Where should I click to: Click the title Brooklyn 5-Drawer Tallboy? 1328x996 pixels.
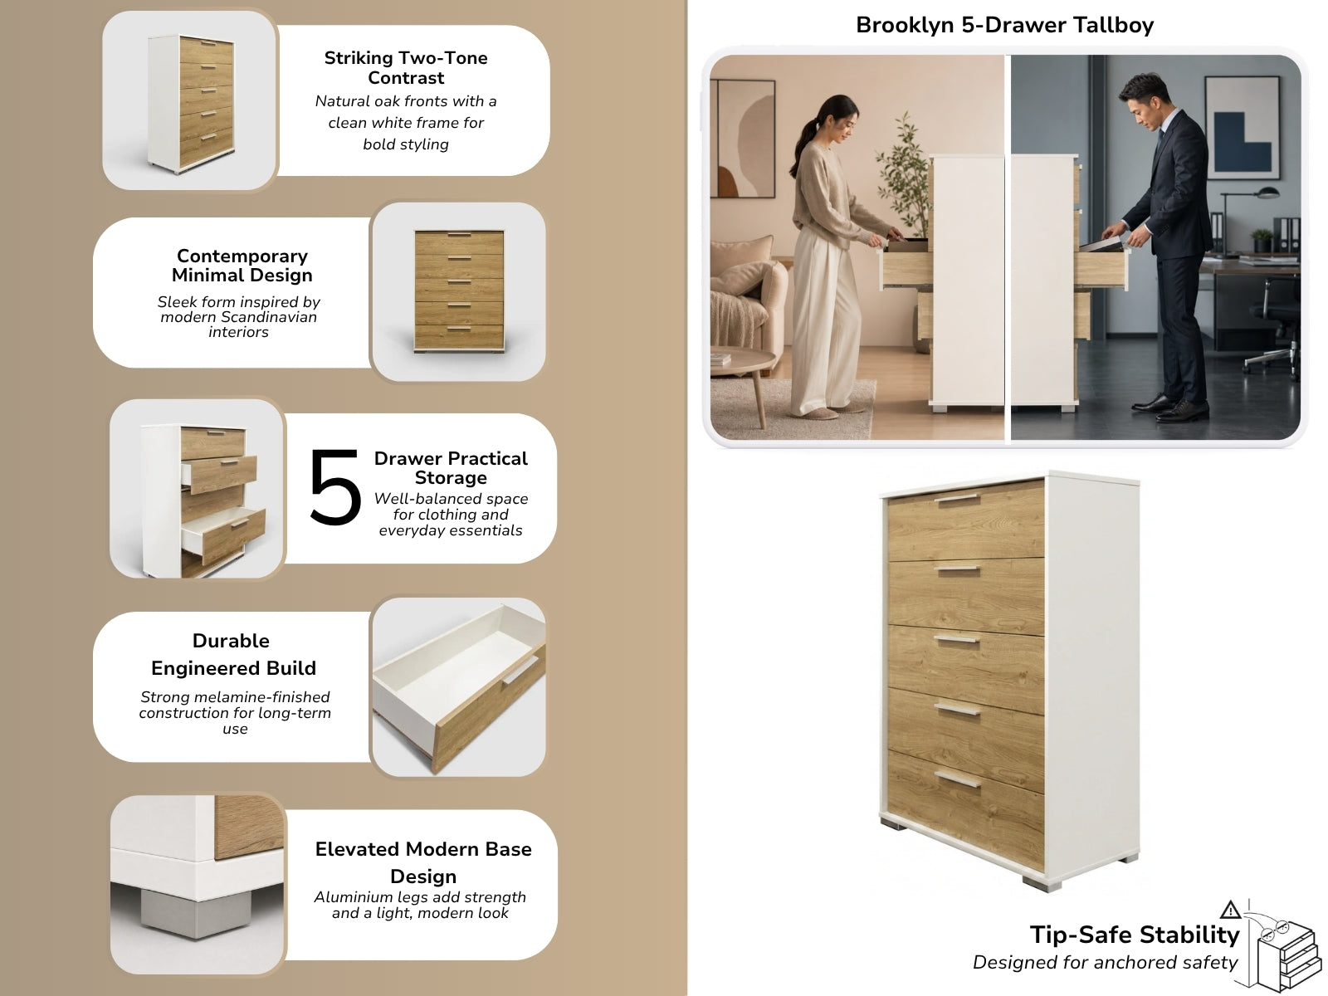pos(1004,26)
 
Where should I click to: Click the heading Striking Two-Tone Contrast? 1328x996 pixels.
pos(406,68)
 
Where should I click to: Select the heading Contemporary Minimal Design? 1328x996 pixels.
pos(242,266)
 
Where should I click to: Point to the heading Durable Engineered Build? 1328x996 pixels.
pos(233,654)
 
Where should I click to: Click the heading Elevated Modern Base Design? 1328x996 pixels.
pos(423,862)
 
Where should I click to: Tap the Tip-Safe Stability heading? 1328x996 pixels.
pos(1135,935)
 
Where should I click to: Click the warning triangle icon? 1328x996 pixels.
pos(1231,910)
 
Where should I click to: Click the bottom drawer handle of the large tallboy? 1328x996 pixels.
pos(957,779)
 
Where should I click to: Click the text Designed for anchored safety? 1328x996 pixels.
pos(1105,963)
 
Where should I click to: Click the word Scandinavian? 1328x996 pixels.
pos(269,317)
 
